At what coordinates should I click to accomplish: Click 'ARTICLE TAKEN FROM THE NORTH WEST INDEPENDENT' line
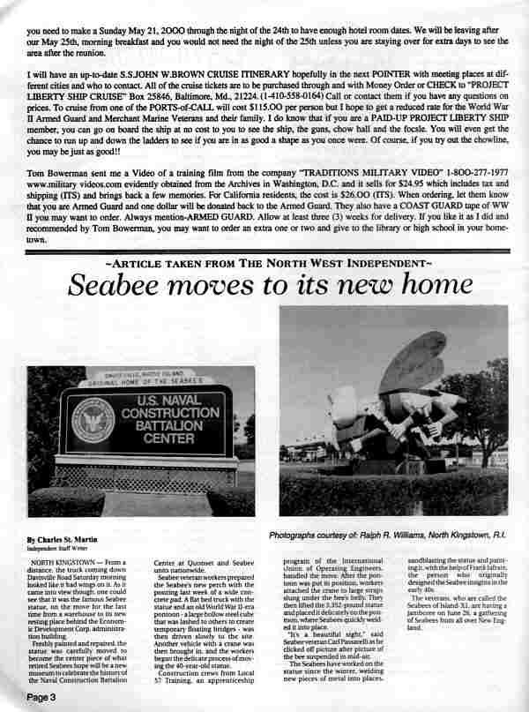[267, 263]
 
